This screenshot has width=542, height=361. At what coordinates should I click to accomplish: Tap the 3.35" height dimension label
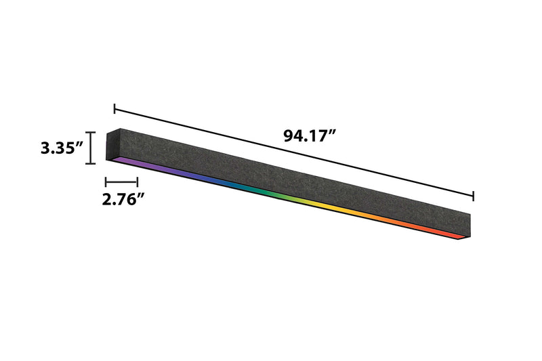click(x=61, y=148)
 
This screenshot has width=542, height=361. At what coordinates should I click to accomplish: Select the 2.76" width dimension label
click(x=124, y=199)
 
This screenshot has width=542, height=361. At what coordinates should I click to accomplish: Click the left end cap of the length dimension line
click(x=115, y=108)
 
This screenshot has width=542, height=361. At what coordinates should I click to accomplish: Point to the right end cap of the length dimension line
click(x=473, y=196)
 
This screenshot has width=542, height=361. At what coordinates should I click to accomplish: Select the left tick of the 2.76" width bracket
click(x=106, y=182)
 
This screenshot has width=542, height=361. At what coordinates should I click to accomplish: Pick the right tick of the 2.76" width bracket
click(x=138, y=182)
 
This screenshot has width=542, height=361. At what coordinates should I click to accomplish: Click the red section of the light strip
click(x=440, y=232)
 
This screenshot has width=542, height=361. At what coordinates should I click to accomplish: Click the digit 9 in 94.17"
click(x=289, y=136)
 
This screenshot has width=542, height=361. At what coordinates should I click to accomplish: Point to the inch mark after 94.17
click(x=333, y=132)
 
